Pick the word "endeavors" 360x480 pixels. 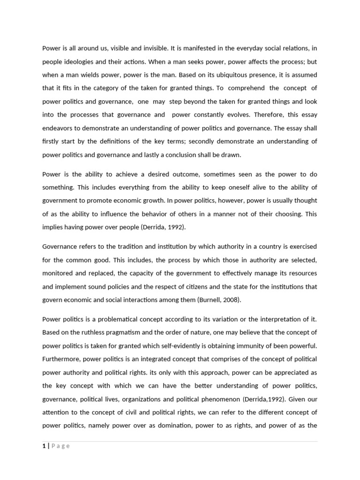(x=58, y=127)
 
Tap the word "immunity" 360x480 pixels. (x=254, y=345)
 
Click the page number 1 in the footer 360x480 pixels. (x=44, y=446)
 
